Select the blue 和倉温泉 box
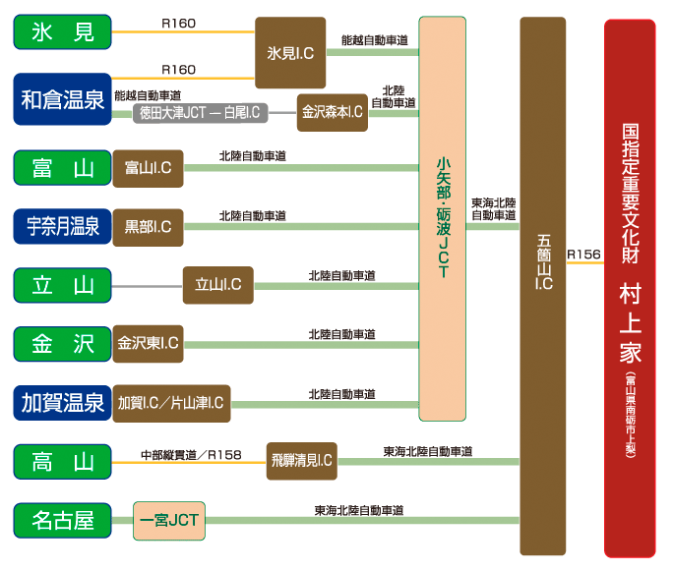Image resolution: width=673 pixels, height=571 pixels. point(62,98)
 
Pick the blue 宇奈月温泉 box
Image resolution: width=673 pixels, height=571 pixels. point(62,227)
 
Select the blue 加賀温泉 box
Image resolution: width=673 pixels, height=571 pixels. point(62,402)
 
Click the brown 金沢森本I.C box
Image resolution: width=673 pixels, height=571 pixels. point(332,112)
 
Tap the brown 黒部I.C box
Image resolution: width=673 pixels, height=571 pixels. point(148,227)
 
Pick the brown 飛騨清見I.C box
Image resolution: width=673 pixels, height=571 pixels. point(301,460)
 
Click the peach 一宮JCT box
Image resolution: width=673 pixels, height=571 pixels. point(169,520)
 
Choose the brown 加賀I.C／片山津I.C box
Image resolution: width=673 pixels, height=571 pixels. point(171,403)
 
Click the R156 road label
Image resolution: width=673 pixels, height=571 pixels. point(583,255)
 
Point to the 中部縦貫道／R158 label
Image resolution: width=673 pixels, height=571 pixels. point(191,453)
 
